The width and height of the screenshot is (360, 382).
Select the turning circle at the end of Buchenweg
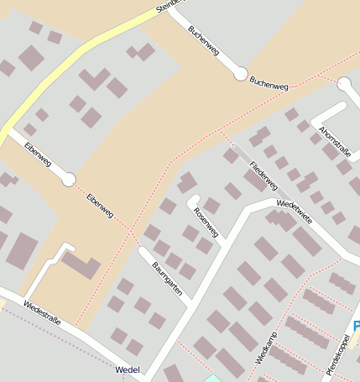(240, 74)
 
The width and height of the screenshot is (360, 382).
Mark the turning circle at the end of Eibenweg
(69, 179)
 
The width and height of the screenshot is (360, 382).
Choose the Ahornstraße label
(335, 140)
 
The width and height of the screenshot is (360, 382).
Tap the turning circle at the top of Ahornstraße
(344, 84)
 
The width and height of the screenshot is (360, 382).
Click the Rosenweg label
(206, 217)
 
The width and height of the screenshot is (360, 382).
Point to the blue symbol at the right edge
(357, 326)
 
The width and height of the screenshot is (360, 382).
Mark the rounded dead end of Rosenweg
(192, 200)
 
